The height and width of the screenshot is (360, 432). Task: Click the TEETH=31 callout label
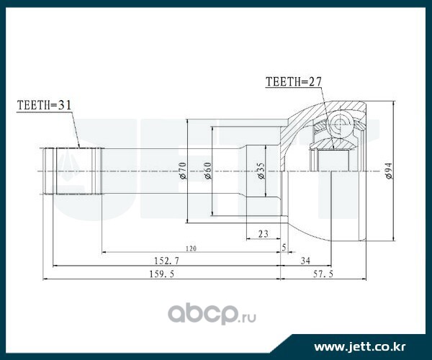tap(44, 105)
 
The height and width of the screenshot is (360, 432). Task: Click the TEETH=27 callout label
tap(294, 82)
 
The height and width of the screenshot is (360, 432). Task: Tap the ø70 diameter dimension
tap(182, 171)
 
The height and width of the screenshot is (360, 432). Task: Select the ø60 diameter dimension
tap(207, 171)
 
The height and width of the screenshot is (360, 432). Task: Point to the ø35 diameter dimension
tap(261, 171)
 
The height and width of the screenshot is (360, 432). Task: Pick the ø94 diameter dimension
tap(389, 171)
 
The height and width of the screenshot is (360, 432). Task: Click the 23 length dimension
tap(263, 234)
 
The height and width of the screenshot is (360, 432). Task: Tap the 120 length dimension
tap(191, 248)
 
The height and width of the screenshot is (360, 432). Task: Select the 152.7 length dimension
tap(167, 261)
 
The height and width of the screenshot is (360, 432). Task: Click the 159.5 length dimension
tap(162, 274)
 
